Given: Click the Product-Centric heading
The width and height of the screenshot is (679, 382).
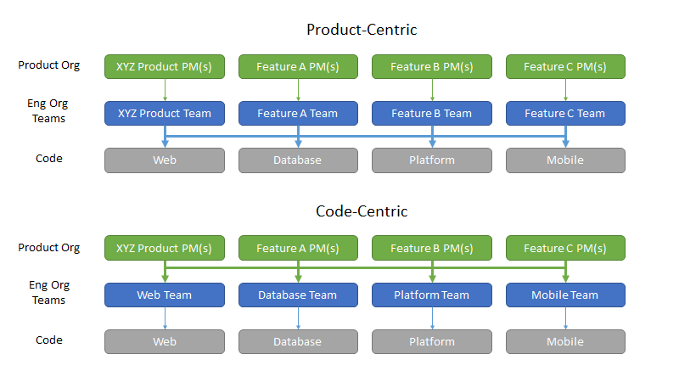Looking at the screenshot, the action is point(362,30).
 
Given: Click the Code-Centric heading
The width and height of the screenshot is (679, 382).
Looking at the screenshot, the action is point(362,211).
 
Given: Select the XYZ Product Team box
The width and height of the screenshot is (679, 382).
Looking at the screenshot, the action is point(165,114).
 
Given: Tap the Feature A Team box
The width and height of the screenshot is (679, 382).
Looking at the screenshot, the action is point(298,114).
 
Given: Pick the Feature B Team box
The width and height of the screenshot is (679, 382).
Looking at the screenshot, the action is point(432,114).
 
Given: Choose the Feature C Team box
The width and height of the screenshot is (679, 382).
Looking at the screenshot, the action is point(565,114).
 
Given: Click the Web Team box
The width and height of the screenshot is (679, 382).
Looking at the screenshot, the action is point(165,295).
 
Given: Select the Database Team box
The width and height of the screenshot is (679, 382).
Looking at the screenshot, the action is point(298,295).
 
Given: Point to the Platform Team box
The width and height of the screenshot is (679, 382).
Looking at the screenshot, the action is point(432,295).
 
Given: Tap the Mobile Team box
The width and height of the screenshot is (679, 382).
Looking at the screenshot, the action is point(565,295).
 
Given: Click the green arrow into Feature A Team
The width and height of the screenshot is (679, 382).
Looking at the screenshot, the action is point(299,90).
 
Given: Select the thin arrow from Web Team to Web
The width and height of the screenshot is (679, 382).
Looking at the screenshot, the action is point(165,318).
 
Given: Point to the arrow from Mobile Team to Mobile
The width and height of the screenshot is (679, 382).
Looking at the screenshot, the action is point(565,318).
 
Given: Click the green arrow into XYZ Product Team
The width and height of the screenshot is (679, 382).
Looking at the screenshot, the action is point(165,90).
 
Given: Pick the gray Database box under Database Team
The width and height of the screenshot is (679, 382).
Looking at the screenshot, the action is point(298,342).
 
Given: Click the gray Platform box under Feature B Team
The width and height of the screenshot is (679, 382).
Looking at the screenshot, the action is point(432,160).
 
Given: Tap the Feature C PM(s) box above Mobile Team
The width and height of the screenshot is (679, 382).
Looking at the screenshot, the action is point(565,248).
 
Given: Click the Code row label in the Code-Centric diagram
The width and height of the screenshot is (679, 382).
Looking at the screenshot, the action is point(49,340).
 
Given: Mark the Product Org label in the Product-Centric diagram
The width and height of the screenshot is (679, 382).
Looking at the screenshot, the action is point(49,65).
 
